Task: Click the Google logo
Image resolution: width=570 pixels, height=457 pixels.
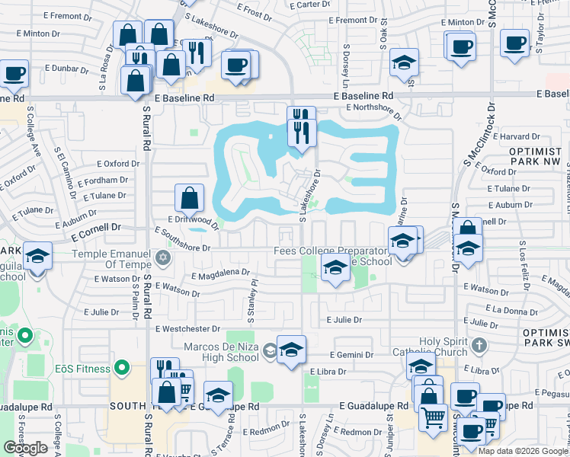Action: coord(25,447)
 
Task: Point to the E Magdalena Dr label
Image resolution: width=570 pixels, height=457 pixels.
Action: coord(221,273)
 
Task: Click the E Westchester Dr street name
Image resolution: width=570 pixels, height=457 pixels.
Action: coord(187,329)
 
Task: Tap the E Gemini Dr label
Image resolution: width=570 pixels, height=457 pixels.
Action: coord(352,355)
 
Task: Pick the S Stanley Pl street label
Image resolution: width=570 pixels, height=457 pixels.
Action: coord(251,292)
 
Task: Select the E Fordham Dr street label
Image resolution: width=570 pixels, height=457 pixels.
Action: coord(102,181)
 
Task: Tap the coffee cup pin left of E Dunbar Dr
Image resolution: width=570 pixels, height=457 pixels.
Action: coord(15,75)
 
